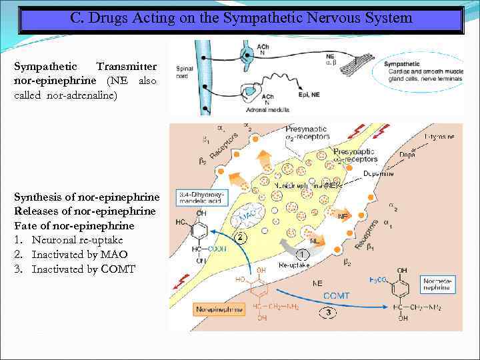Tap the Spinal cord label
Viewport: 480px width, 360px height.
pyautogui.click(x=185, y=71)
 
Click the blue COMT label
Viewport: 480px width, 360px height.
pyautogui.click(x=337, y=295)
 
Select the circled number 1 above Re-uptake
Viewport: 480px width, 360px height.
pyautogui.click(x=303, y=254)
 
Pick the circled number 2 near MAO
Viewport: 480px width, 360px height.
pyautogui.click(x=241, y=237)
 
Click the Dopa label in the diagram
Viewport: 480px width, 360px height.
pyautogui.click(x=408, y=154)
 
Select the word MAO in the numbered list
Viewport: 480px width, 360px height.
pyautogui.click(x=116, y=255)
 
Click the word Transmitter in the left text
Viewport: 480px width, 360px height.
pyautogui.click(x=127, y=67)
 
